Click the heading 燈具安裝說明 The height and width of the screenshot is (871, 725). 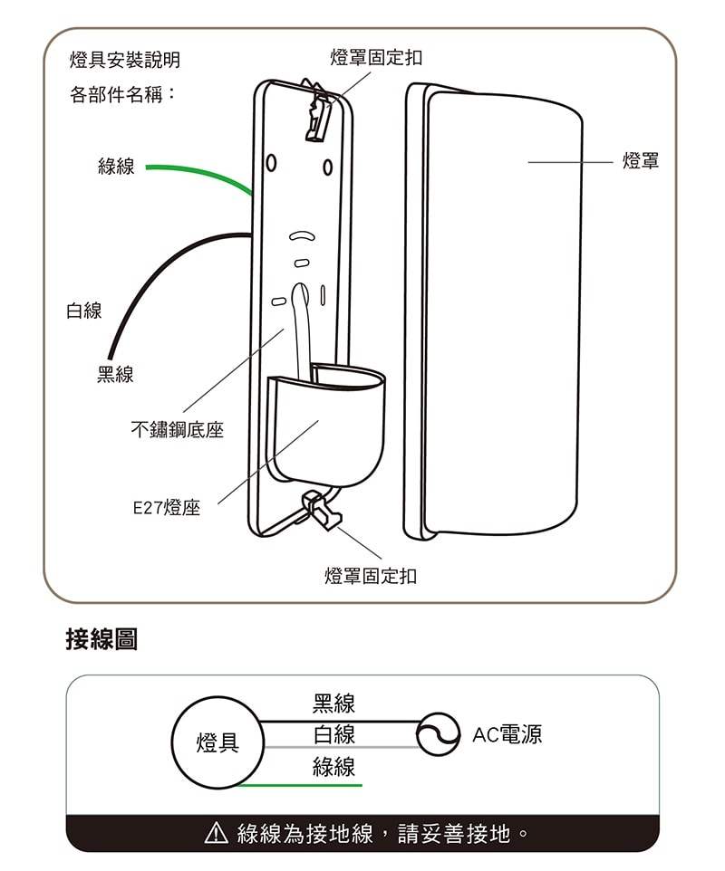(x=124, y=60)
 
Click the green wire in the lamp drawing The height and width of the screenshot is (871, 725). (x=199, y=173)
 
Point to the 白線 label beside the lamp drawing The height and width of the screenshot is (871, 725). (x=83, y=311)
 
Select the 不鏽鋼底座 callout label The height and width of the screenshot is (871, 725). (x=177, y=430)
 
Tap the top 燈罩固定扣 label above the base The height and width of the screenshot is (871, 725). (x=376, y=58)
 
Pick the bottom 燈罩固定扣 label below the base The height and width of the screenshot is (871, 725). (x=371, y=576)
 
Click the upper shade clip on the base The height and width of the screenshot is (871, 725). (x=319, y=112)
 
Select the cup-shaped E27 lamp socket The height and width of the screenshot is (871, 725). (x=326, y=426)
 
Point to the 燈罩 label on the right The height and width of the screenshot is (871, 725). (x=641, y=162)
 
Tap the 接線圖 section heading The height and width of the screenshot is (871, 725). (x=101, y=639)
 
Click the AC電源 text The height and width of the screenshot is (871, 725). (x=507, y=734)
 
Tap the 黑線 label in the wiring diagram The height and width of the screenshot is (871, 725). (x=333, y=703)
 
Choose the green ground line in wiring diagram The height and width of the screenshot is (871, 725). (x=299, y=785)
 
